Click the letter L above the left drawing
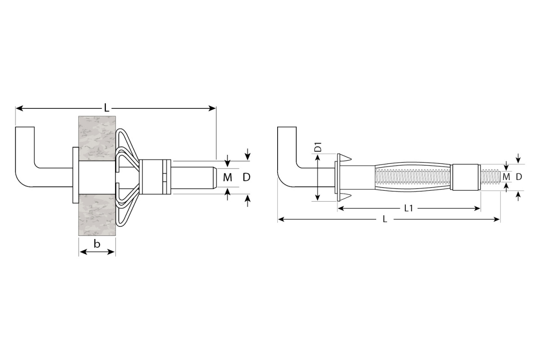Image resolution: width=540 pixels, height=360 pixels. point(106,108)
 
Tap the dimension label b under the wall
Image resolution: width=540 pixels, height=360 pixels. point(97,244)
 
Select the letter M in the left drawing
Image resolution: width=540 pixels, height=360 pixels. point(228,177)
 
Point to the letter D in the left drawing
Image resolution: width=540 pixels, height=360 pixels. point(247,177)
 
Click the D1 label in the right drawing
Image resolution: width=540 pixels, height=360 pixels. point(318,148)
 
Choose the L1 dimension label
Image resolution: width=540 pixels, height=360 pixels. point(409,208)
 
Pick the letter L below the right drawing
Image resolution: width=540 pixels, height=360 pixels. point(385,219)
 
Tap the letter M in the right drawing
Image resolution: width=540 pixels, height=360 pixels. point(506,177)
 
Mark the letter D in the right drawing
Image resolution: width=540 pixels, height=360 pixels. point(519,177)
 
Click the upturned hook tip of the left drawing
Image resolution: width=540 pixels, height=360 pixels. point(25,129)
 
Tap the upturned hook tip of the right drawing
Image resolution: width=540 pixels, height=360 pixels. point(287,130)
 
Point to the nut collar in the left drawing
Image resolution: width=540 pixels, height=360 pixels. point(156,176)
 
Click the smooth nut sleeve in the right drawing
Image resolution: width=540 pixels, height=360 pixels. point(465,177)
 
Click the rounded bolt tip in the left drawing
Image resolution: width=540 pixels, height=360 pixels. point(211,177)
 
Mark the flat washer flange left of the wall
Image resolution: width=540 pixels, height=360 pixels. point(75,175)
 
